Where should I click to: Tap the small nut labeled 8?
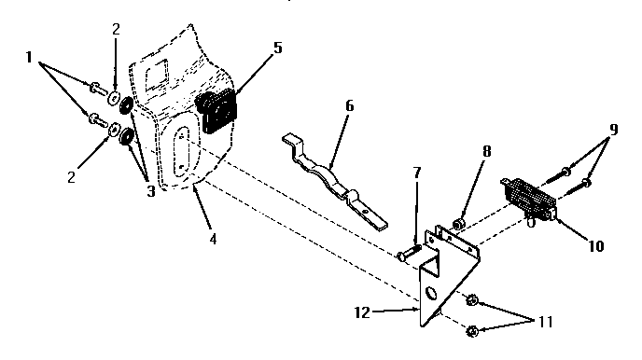(x=459, y=224)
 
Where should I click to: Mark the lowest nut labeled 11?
(x=471, y=329)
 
